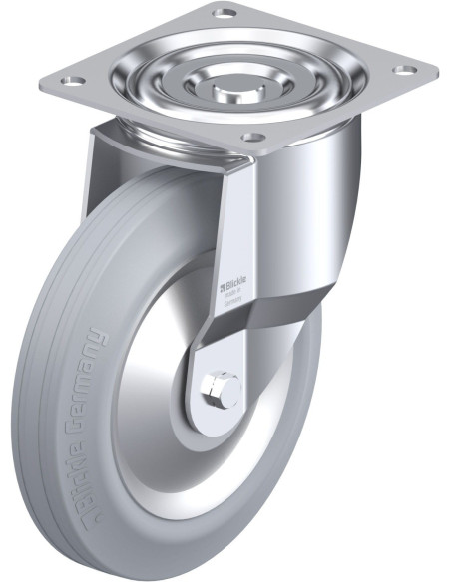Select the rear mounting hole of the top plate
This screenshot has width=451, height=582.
224,13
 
